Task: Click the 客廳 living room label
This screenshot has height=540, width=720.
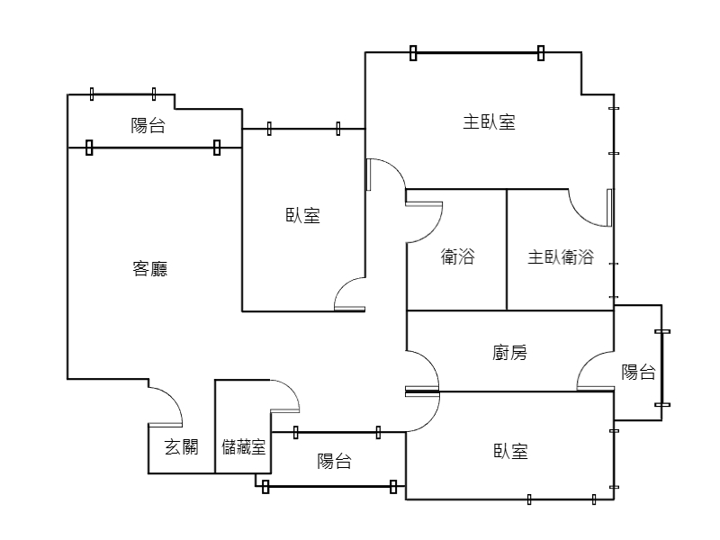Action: coord(149,268)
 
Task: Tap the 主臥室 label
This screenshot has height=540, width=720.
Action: coord(489,122)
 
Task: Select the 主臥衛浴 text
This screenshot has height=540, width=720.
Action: coord(561,256)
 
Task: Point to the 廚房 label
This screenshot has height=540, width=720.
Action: coord(509,353)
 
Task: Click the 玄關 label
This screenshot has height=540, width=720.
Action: coord(182,446)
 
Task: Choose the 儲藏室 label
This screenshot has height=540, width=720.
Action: coord(243,446)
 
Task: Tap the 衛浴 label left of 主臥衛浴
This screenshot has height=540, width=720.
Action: coord(457,256)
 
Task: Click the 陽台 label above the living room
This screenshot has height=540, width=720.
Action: coord(148,125)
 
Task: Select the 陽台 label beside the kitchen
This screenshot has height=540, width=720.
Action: coord(638,372)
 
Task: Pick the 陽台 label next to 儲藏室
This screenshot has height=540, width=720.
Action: coord(334,461)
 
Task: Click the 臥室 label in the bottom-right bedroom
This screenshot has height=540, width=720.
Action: coord(510,452)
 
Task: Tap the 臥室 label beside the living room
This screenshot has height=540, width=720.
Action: coord(302,215)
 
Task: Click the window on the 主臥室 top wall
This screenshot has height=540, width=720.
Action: coord(477,53)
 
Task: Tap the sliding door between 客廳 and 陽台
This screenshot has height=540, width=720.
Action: coord(153,148)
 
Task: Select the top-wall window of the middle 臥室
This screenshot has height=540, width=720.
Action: coord(303,129)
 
